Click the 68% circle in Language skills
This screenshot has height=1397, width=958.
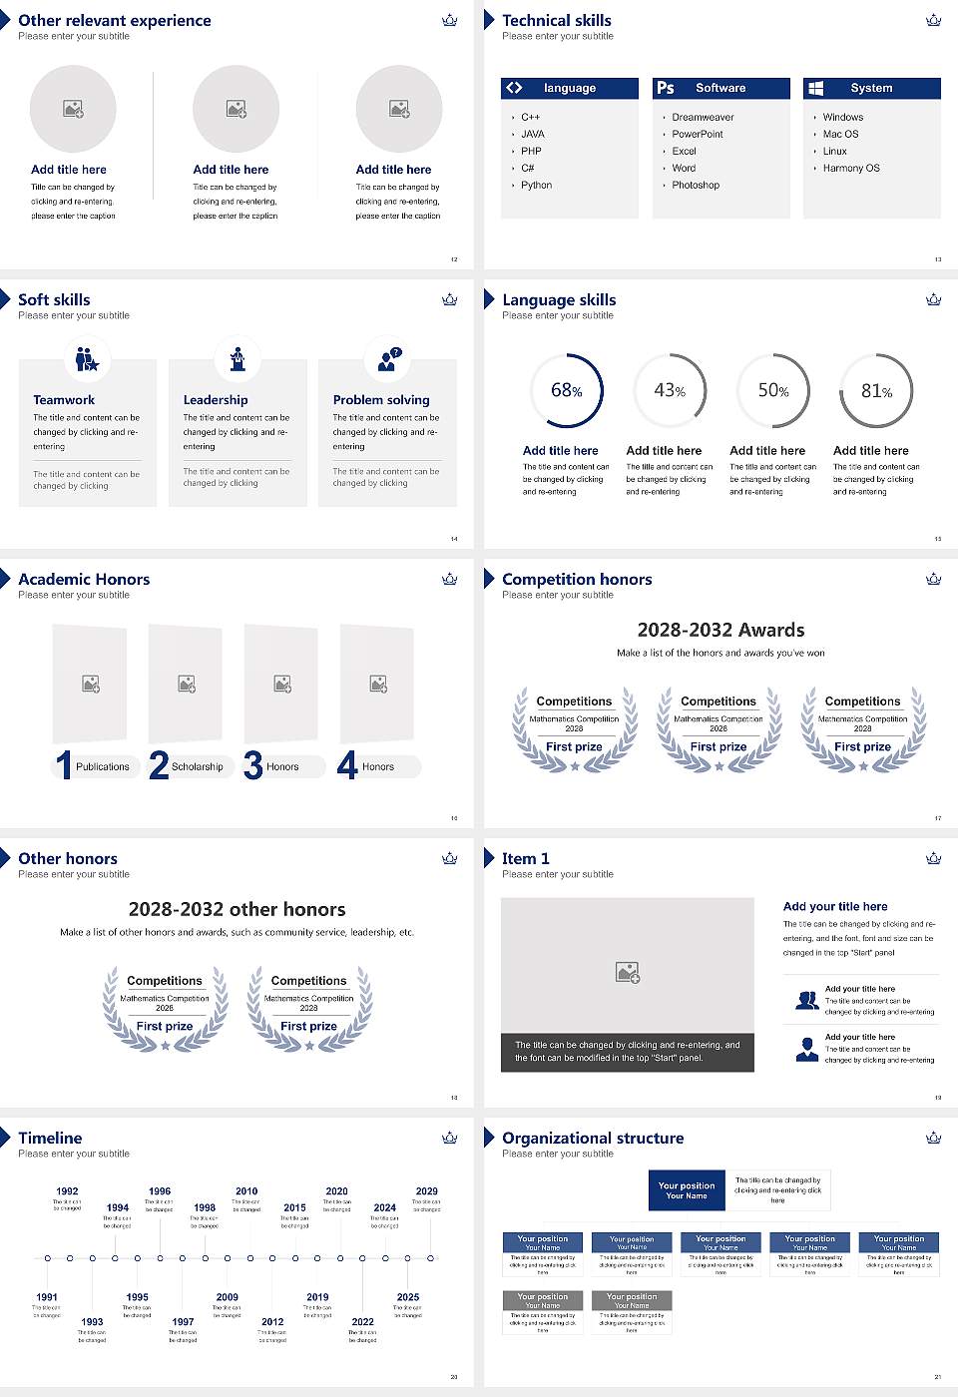pos(567,390)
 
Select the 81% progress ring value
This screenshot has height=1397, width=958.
pos(876,391)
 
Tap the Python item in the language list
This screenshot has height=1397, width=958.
pos(536,186)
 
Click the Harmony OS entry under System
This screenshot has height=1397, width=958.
pos(851,169)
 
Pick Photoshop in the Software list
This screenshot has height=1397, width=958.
pos(696,186)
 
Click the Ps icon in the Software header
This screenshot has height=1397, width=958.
pos(666,88)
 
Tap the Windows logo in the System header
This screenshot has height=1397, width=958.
pos(816,88)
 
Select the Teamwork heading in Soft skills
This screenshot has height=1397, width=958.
pos(64,399)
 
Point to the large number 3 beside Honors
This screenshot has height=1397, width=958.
pos(253,765)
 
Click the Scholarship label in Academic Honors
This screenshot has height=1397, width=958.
pos(197,767)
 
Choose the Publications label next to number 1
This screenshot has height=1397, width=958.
pos(103,767)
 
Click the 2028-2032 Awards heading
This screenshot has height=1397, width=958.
pos(720,630)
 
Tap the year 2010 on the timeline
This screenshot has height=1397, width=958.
pos(246,1191)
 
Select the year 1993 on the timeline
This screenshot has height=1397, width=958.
pos(92,1321)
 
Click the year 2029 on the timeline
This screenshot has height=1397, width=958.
pos(426,1191)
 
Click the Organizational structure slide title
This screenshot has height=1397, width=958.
pos(593,1138)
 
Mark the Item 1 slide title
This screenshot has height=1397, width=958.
pos(525,858)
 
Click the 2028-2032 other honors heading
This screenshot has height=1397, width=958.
pos(237,909)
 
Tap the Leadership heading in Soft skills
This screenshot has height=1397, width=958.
pos(216,399)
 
